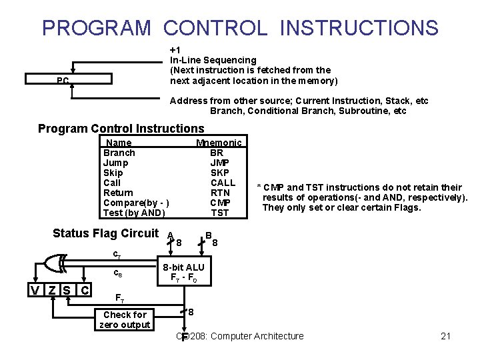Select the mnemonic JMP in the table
219,163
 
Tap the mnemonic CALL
223,183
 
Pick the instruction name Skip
113,173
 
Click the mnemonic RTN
220,193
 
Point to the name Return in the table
118,193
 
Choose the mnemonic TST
220,213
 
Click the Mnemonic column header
219,143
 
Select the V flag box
35,290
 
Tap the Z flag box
51,290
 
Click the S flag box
67,290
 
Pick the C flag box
84,290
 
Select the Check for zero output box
125,319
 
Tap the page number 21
446,336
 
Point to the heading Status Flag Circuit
105,233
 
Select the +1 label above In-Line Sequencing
175,50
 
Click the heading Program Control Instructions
121,129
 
